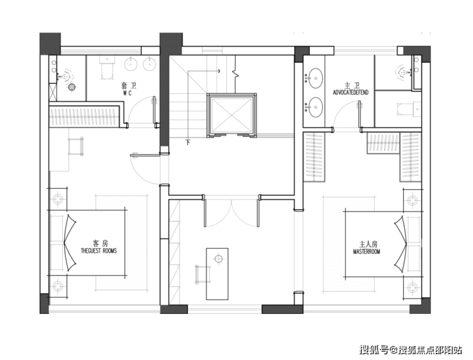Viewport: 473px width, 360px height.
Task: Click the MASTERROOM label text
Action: click(366, 251)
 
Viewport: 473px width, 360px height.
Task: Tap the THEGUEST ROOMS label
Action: click(98, 251)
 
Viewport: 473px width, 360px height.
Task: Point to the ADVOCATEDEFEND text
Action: click(350, 92)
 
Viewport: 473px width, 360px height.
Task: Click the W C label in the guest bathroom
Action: click(127, 93)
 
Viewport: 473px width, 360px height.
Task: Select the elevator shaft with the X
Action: click(231, 115)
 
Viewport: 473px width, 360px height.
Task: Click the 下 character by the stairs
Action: click(188, 142)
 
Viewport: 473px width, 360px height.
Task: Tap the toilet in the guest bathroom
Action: click(106, 68)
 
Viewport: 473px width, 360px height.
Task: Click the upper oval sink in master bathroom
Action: click(314, 78)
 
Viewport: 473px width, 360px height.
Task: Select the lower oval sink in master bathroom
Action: click(314, 107)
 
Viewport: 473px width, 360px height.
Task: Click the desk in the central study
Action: click(217, 274)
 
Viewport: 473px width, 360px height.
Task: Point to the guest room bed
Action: click(88, 243)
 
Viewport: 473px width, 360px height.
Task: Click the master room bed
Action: click(383, 244)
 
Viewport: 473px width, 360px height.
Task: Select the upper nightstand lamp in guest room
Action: click(58, 199)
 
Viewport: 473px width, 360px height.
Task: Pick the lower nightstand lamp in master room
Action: click(412, 288)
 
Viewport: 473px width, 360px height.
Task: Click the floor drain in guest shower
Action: click(72, 87)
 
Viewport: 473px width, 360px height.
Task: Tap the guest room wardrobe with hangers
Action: click(84, 116)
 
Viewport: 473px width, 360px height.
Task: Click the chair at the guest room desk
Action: click(75, 146)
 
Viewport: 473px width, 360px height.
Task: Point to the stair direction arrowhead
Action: click(219, 71)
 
